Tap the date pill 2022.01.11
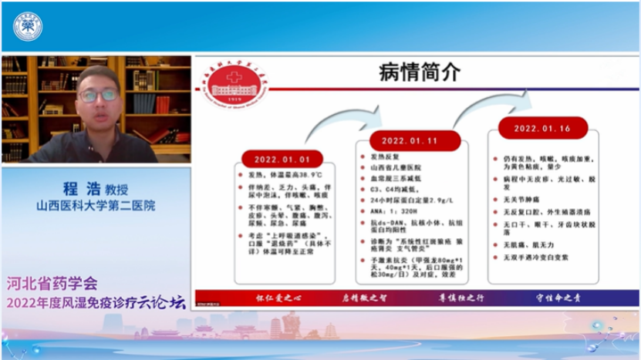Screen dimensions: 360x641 (x=409, y=141)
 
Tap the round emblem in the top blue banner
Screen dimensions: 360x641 (x=28, y=26)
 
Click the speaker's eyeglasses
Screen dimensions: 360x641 (x=98, y=96)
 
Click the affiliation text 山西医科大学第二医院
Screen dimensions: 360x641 (x=95, y=206)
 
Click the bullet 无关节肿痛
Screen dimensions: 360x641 (x=523, y=198)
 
